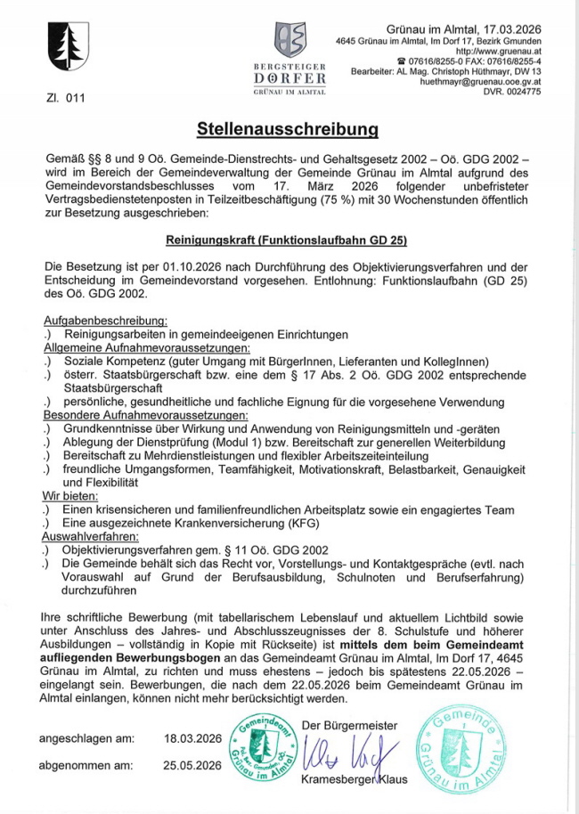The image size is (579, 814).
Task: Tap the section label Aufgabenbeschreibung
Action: click(106, 321)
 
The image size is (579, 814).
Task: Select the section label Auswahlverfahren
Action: click(91, 537)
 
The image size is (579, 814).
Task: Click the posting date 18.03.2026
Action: click(192, 738)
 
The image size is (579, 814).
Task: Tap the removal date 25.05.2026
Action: click(192, 765)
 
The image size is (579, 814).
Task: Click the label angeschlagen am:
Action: click(87, 738)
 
